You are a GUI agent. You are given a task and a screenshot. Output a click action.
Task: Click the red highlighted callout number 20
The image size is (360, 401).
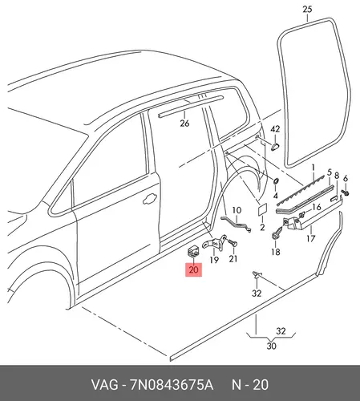point(193,269)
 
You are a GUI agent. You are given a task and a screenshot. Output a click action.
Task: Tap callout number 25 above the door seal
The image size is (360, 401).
point(307,10)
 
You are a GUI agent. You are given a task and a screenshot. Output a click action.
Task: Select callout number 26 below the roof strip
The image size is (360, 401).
point(184,124)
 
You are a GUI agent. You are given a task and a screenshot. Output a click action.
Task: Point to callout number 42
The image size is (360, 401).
point(275,129)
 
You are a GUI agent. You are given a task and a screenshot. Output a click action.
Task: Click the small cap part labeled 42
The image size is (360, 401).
point(274,145)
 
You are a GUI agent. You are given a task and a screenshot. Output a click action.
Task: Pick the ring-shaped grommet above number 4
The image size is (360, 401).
point(276,180)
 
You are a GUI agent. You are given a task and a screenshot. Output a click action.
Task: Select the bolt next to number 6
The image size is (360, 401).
point(345,192)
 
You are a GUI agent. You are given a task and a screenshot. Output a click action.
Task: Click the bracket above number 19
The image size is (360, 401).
point(214,243)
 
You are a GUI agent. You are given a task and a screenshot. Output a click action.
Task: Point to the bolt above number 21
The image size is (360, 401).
point(233,242)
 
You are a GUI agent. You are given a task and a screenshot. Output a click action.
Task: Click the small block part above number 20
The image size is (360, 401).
point(193,251)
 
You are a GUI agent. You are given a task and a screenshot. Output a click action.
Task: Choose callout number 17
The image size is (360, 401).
point(310,237)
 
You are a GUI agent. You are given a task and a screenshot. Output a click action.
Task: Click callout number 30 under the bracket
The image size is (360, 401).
point(271,346)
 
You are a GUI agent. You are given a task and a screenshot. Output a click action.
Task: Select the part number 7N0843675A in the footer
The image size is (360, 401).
point(172,385)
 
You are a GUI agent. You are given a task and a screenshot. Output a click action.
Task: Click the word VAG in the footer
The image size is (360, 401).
point(104,385)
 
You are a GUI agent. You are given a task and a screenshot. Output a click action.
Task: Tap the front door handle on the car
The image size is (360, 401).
point(150,199)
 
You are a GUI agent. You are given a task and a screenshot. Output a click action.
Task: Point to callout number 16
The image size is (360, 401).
point(316,207)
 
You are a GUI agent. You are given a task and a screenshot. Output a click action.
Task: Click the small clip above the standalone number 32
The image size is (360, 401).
point(257,273)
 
